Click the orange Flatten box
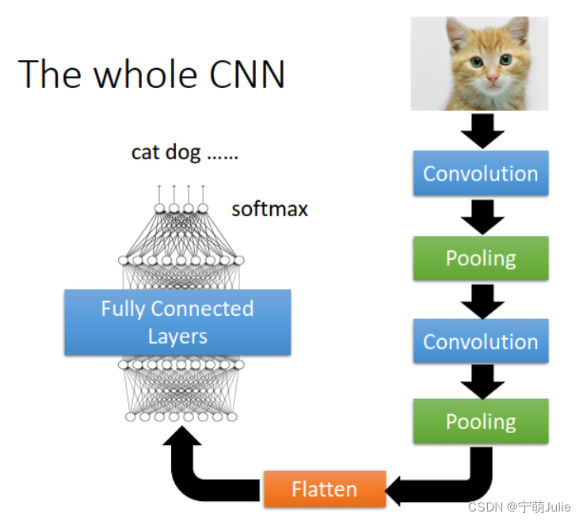[x=324, y=489]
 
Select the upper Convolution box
[x=480, y=173]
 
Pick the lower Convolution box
[x=480, y=341]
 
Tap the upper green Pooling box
[x=480, y=258]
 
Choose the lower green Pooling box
[x=480, y=421]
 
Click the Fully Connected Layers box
[x=177, y=322]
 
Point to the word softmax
[x=269, y=210]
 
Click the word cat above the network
[x=146, y=152]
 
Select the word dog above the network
[x=183, y=152]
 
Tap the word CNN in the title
[x=247, y=74]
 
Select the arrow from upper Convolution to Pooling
[x=480, y=216]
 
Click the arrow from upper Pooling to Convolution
[x=480, y=300]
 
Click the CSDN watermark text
[x=519, y=506]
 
